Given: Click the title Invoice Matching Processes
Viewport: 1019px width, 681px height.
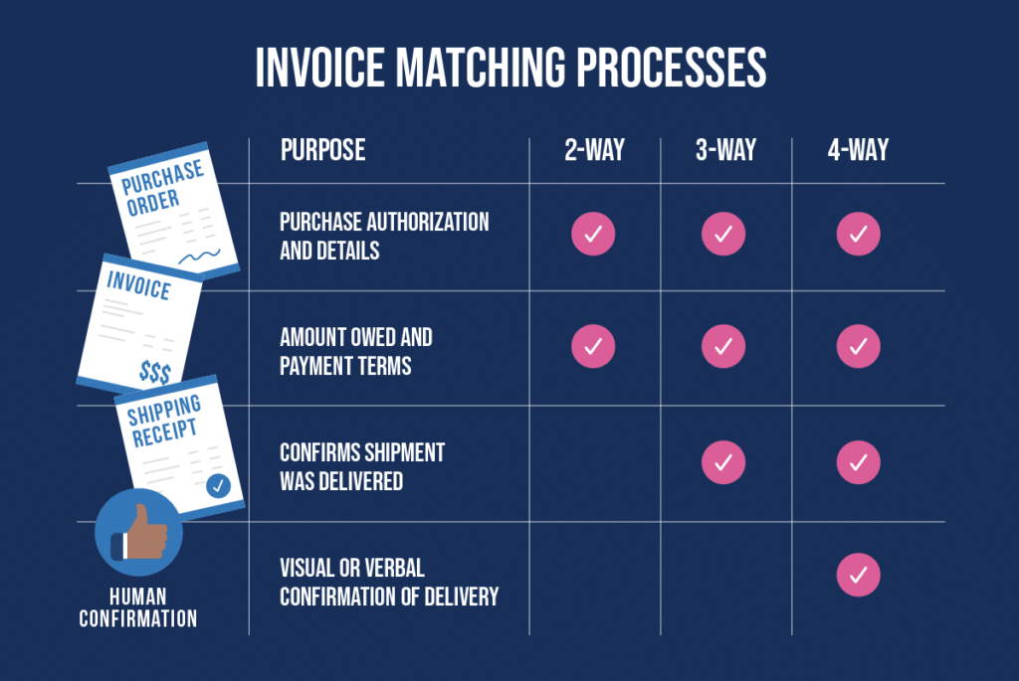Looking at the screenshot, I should (510, 68).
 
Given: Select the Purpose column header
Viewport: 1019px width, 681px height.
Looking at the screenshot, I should (322, 150).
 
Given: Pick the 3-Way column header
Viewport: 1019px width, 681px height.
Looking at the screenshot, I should (725, 150).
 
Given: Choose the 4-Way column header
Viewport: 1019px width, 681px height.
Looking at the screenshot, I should (858, 150).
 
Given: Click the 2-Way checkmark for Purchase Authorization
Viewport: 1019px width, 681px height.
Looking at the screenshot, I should (593, 235).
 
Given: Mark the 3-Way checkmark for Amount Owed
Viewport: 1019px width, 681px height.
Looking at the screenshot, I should (723, 346).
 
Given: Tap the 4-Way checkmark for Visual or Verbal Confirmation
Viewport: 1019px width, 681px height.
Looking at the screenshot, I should (858, 574).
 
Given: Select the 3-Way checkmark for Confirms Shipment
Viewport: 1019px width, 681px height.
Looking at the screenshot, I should (723, 461).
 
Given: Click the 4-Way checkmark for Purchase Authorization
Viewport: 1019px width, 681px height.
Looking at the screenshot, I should (858, 235).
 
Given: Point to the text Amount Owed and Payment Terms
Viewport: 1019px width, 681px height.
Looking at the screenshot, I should (356, 351).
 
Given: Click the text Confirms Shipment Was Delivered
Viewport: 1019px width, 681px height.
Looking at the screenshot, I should (362, 466).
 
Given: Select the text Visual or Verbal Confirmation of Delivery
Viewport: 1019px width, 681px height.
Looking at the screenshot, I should (388, 582).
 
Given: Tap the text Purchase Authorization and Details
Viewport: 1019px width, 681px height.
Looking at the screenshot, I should (384, 236).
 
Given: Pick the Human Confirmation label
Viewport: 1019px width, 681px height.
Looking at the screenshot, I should (139, 608).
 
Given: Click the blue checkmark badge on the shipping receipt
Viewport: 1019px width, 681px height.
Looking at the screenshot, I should (218, 486).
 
